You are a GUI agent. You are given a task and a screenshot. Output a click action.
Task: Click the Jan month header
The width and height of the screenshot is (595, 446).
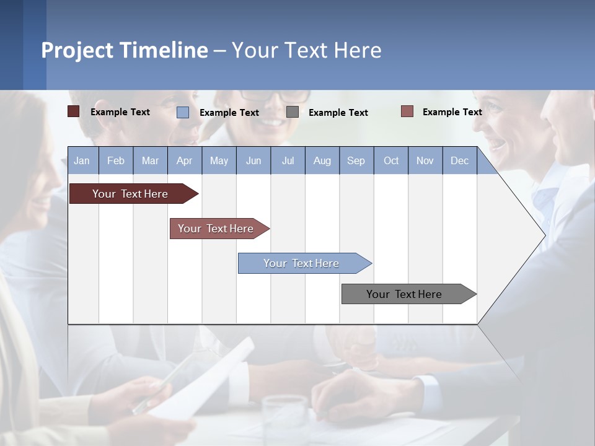[82, 160]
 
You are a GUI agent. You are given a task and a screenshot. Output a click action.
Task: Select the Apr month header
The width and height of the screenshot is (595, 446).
[184, 160]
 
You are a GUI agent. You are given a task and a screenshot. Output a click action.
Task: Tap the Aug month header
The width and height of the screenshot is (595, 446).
[322, 160]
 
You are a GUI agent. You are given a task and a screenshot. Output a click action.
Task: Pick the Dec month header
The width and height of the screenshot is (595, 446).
[459, 160]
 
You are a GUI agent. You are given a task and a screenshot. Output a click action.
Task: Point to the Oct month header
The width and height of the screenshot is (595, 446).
[391, 160]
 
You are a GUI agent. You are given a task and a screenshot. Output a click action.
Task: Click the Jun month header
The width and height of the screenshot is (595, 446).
[253, 160]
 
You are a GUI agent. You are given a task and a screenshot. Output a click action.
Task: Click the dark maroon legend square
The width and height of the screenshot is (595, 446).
[74, 111]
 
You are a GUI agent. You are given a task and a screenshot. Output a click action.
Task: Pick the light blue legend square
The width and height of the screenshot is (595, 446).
[183, 112]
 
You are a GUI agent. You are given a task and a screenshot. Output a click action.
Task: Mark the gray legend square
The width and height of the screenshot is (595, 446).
[293, 112]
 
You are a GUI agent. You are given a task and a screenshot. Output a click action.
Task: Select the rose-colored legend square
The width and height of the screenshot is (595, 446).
[407, 111]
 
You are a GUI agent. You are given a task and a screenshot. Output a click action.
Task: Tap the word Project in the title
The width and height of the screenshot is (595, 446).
[77, 50]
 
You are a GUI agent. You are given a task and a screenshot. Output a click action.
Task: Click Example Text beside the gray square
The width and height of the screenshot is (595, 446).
[338, 112]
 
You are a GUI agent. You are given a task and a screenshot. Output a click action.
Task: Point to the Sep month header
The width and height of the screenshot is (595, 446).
[356, 160]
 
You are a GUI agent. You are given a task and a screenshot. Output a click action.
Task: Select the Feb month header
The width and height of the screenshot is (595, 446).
[116, 160]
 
